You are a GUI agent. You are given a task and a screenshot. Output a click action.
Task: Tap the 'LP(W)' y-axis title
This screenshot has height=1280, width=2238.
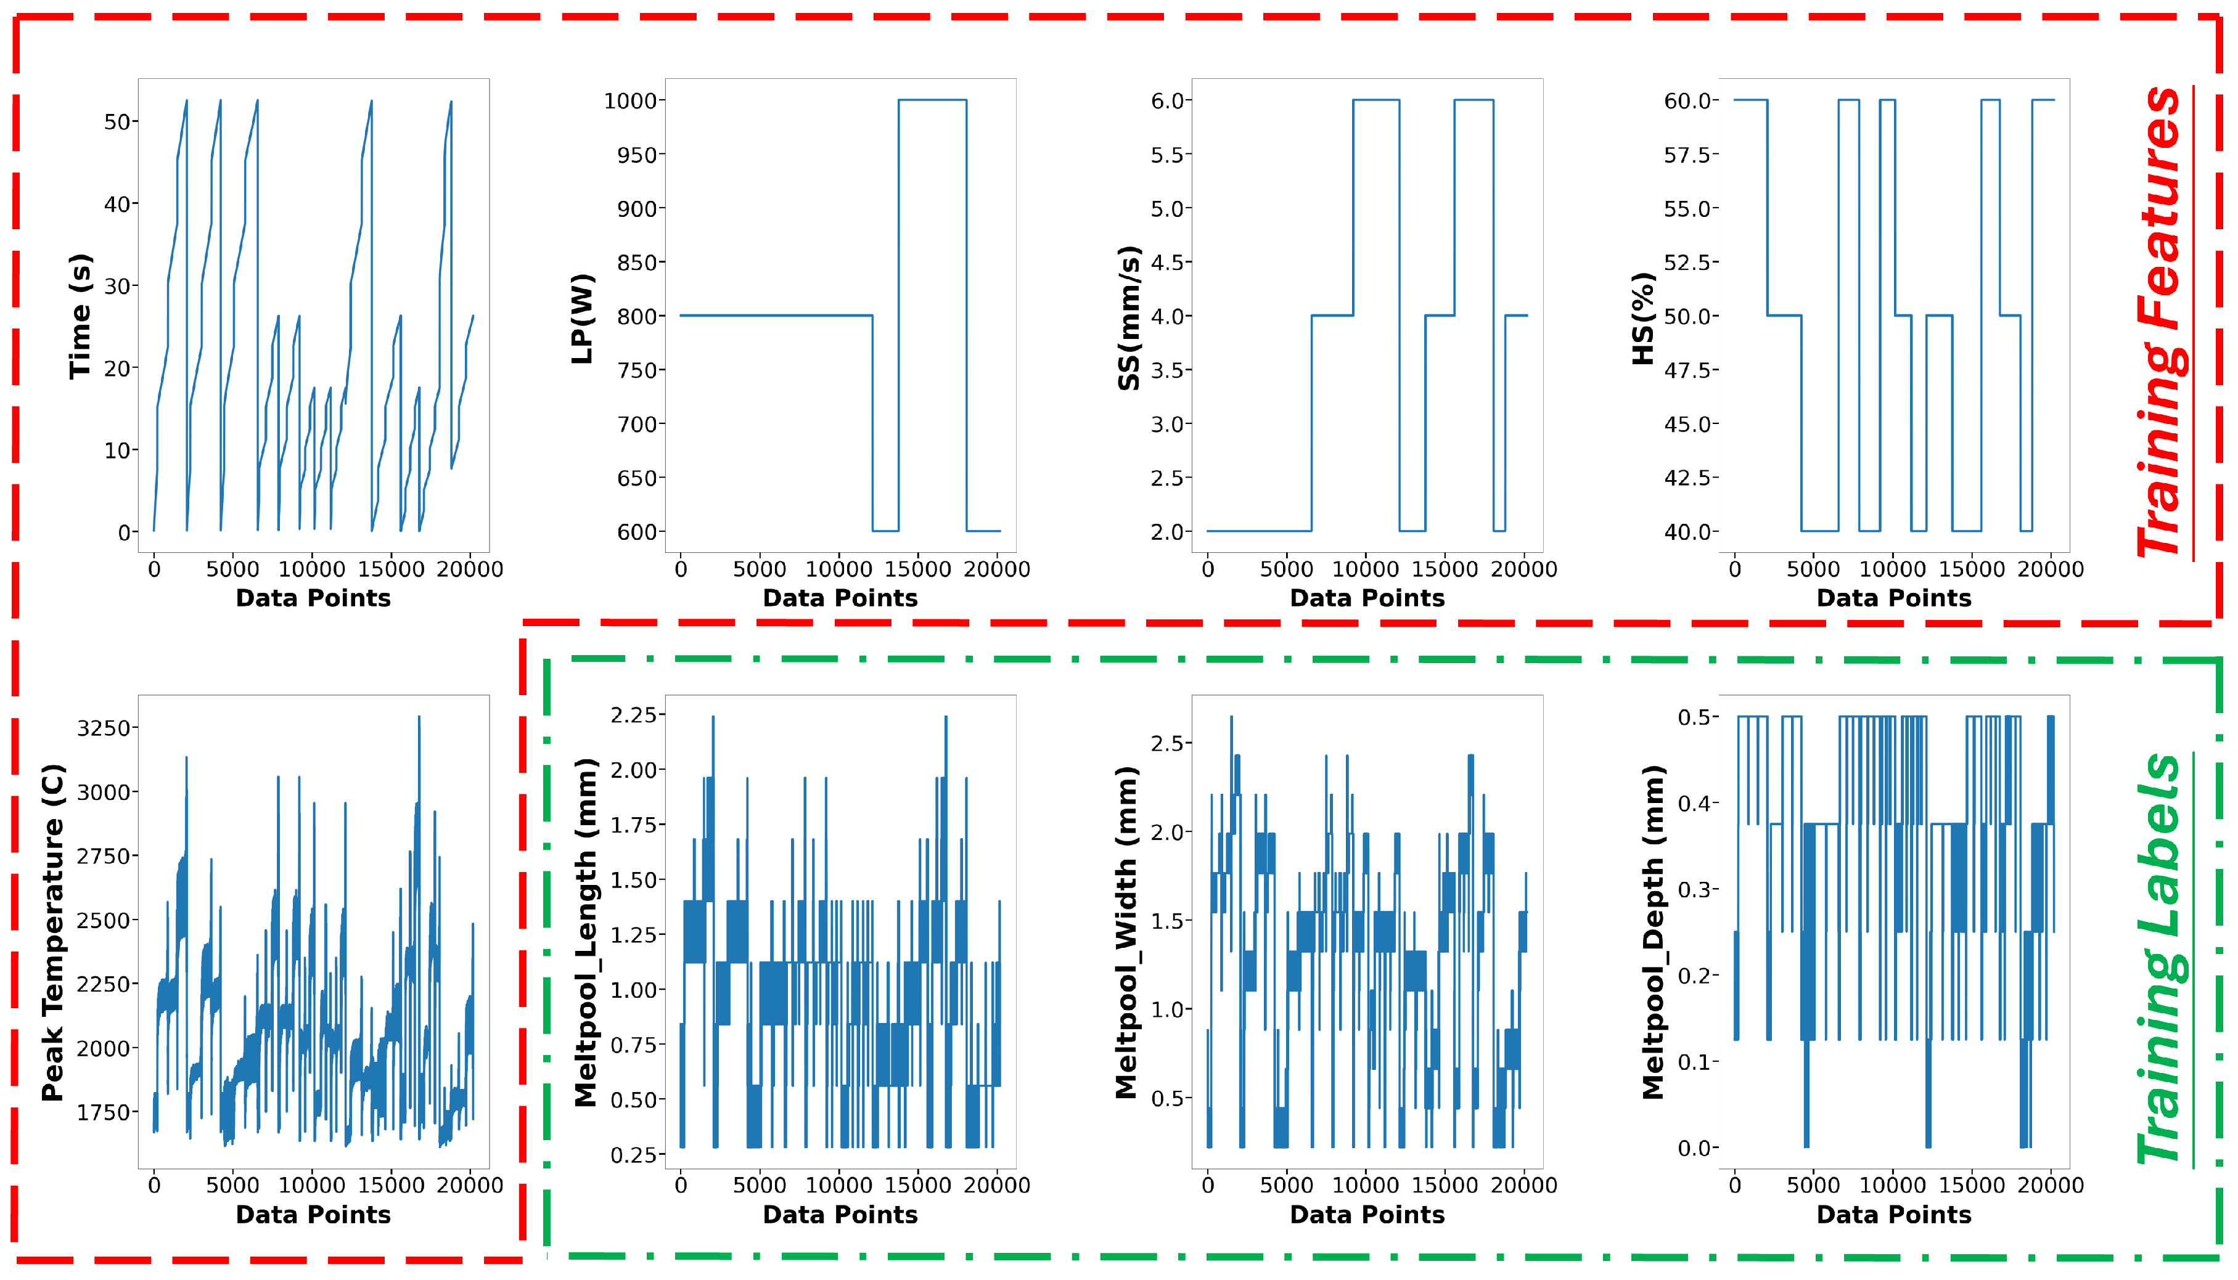point(582,318)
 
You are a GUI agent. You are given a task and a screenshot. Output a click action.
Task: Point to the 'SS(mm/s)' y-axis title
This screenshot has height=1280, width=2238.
point(1128,317)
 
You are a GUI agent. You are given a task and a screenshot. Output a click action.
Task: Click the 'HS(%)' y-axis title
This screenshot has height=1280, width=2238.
point(1642,317)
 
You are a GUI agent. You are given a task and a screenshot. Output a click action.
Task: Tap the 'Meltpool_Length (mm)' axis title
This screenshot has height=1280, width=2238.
point(585,932)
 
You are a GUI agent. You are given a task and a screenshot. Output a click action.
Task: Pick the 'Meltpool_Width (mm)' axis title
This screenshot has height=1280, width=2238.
point(1126,932)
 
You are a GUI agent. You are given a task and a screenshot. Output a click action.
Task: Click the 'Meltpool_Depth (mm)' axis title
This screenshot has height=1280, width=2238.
point(1652,932)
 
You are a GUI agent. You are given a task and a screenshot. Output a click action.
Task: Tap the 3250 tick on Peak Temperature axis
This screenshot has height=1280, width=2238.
point(103,728)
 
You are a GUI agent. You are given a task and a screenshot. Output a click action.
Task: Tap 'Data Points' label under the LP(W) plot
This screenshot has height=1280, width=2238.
point(840,598)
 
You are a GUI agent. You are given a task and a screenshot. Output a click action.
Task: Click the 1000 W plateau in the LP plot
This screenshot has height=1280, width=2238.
point(932,100)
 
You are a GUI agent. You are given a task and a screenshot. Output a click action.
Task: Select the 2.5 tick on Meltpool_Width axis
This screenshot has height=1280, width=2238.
point(1170,744)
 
